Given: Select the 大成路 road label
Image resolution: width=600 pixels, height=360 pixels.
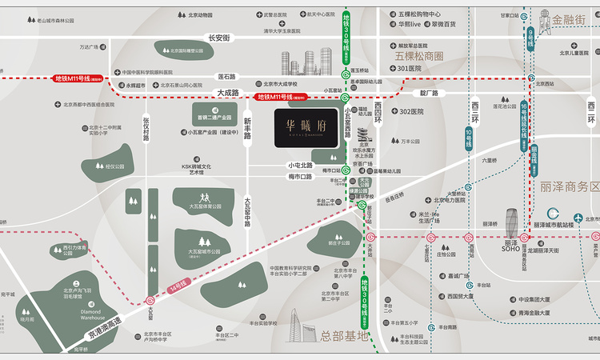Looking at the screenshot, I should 228,92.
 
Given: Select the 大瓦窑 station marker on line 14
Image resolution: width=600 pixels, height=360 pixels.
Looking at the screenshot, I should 150,299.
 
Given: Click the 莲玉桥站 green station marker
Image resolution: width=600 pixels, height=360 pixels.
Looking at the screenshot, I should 345,76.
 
